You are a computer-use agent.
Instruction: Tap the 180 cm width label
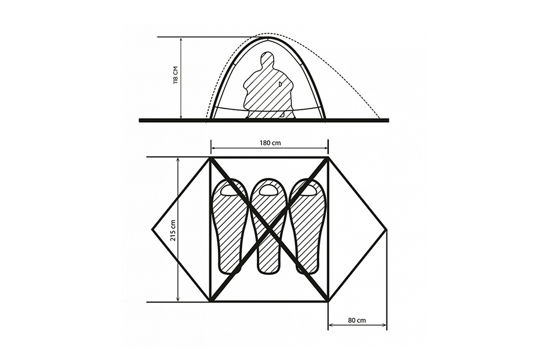[269, 143]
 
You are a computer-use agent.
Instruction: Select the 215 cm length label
[173, 230]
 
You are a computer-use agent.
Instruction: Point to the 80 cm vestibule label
[357, 320]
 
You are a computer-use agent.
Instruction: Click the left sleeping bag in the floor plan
[229, 226]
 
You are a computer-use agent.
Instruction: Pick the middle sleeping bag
[269, 226]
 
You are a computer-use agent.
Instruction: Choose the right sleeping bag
[308, 226]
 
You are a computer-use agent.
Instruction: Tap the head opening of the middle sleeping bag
[269, 191]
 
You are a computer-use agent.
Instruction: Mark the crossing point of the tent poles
[269, 230]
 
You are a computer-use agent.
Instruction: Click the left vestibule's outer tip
[152, 229]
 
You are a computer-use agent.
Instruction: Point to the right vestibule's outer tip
[387, 229]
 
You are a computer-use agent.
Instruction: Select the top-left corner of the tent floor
[211, 158]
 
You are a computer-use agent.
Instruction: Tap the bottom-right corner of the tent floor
[328, 302]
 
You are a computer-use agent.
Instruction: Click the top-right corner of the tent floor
[328, 158]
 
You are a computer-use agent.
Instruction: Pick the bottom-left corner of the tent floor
[211, 302]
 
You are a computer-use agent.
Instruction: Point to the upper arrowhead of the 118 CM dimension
[181, 40]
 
